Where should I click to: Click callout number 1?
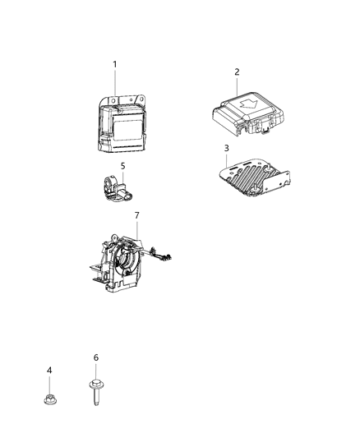click(115, 64)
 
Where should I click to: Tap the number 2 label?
click(237, 71)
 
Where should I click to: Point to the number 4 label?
click(49, 371)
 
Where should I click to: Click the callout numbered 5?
click(122, 166)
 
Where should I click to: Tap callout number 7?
click(136, 214)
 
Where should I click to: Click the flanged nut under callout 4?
click(49, 400)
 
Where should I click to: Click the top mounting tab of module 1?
click(122, 101)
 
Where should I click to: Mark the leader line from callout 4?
click(49, 384)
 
